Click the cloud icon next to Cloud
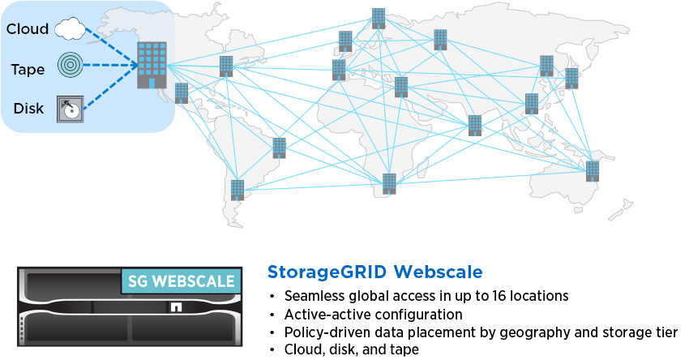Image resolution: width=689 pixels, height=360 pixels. pos(71,28)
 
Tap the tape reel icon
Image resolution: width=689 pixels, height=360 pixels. pos(70,65)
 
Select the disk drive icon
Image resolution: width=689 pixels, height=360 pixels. pos(70,109)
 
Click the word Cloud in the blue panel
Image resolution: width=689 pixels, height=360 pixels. pos(28,29)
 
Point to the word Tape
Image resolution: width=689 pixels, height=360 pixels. pos(28,70)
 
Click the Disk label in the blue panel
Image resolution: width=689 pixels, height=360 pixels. pos(28,108)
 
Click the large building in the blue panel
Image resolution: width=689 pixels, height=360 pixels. pos(152,65)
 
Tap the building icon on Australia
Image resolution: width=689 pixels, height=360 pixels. pos(593,171)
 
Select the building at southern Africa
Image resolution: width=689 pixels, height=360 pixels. pos(389,184)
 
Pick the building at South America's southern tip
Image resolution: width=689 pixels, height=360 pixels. pos(238,190)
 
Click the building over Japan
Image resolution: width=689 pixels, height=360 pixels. pos(571,79)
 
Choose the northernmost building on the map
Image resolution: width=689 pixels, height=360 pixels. pos(379,19)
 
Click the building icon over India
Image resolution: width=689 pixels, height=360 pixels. pos(474,126)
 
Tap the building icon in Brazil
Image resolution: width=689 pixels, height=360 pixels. pos(279,148)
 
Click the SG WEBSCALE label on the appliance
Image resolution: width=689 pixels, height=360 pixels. pos(181,281)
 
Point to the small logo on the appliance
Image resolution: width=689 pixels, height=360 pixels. pos(176,306)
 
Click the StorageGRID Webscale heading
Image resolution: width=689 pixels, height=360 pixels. pos(374,272)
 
